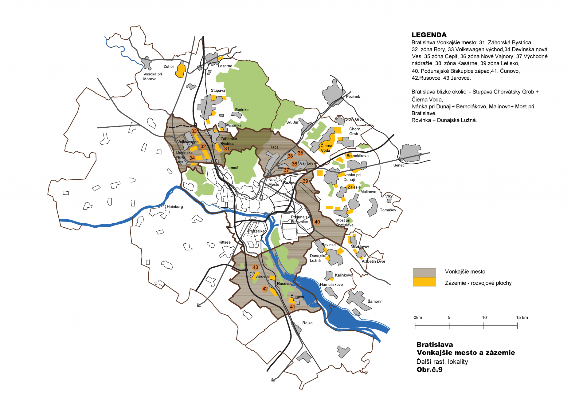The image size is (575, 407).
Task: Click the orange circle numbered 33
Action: click(194, 131)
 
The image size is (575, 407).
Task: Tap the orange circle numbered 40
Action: click(317, 222)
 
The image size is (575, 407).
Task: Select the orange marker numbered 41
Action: click(292, 307)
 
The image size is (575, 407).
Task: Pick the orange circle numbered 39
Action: click(305, 181)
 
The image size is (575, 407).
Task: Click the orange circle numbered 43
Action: click(255, 267)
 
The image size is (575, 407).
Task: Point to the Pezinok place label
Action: click(353, 97)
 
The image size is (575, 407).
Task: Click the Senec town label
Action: click(399, 165)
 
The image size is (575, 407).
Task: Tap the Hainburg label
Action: click(175, 207)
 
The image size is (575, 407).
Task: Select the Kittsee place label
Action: click(225, 242)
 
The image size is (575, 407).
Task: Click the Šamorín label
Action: click(375, 301)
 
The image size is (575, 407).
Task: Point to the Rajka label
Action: click(307, 323)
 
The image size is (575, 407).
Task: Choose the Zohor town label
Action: click(169, 66)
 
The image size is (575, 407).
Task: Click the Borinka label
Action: click(242, 110)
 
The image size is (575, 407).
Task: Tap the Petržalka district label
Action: click(256, 231)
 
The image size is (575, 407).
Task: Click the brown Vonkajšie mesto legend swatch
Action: click(424, 273)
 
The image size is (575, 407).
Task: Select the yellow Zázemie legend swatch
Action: click(424, 282)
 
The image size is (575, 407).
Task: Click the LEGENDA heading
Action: click(429, 35)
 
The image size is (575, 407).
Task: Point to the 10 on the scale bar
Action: click(484, 317)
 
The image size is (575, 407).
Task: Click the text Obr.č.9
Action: click(429, 370)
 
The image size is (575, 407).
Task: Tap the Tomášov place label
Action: click(388, 210)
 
